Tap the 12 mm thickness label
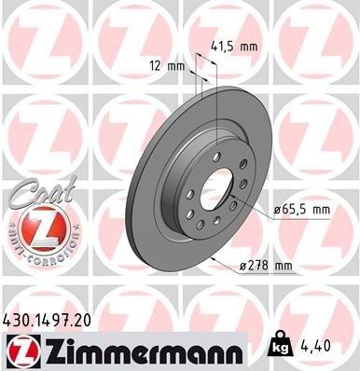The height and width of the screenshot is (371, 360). (x=167, y=66)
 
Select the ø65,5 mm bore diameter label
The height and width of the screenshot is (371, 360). (x=302, y=211)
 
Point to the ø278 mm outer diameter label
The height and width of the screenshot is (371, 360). (x=267, y=268)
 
